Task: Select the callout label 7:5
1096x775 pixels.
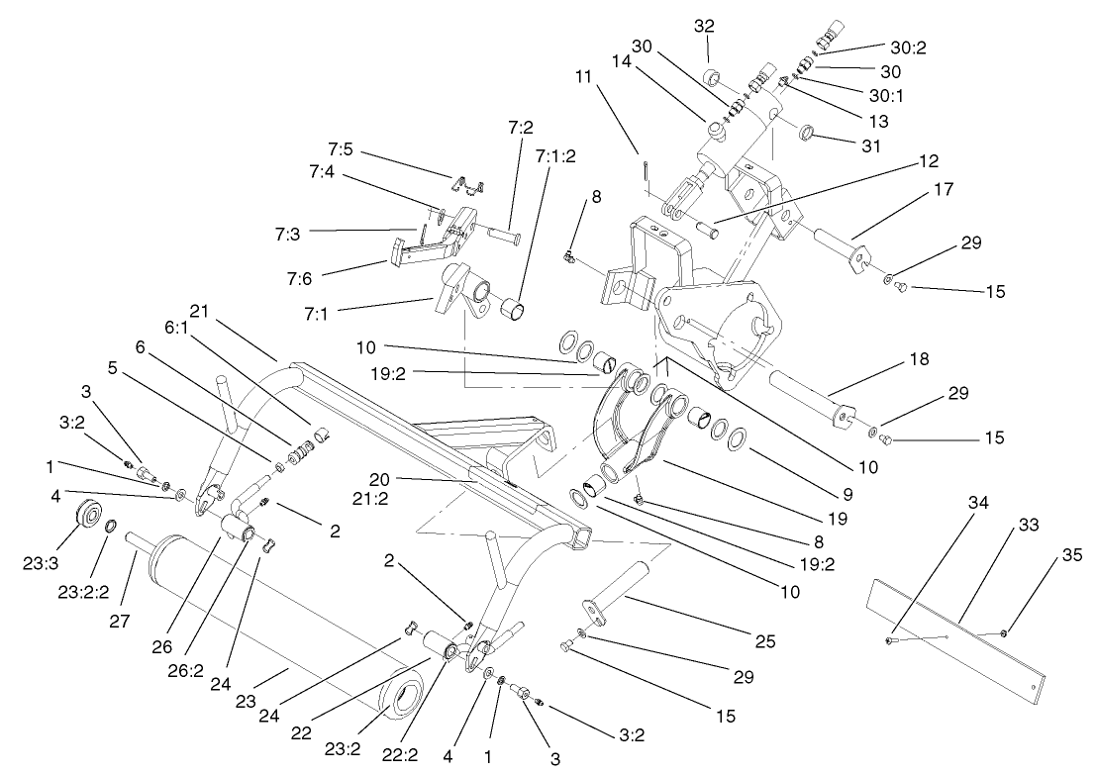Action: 342,151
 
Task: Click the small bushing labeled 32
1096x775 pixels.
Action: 711,78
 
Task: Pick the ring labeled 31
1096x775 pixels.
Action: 807,133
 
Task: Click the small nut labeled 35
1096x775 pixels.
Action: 1004,632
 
